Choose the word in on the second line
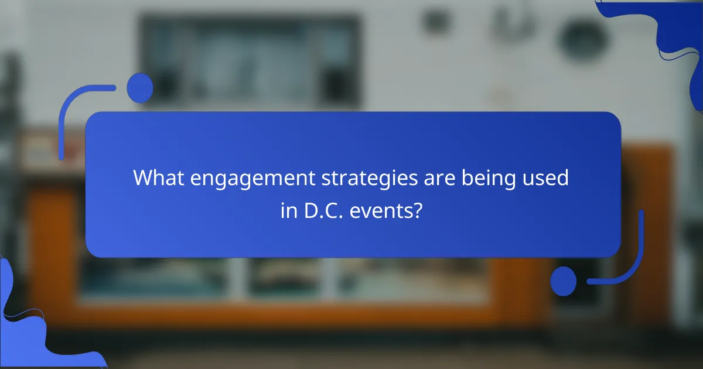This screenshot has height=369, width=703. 288,211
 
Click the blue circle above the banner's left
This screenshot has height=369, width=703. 140,88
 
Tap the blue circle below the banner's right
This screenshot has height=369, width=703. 563,281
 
